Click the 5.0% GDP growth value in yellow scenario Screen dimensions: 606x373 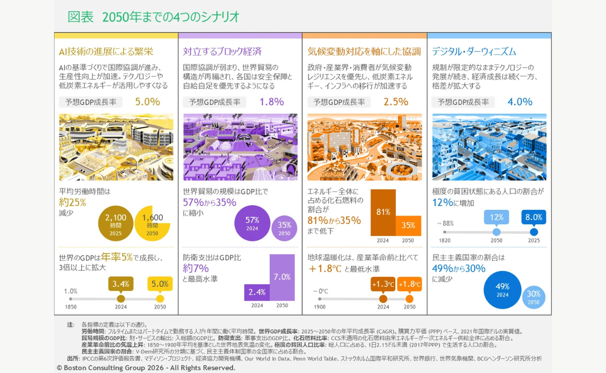[x=147, y=102]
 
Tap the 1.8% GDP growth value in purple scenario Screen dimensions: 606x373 [x=272, y=102]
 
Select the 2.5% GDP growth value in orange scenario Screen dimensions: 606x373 [x=396, y=102]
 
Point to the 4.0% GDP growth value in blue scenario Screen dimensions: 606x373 [x=520, y=102]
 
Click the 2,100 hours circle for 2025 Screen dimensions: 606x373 [x=116, y=223]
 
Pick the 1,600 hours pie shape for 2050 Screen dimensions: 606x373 [x=152, y=224]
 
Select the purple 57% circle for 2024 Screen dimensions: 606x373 [x=252, y=223]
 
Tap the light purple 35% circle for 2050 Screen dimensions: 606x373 [x=284, y=228]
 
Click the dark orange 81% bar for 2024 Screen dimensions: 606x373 [x=383, y=213]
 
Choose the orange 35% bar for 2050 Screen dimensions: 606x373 [x=408, y=226]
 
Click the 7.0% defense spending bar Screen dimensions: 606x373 [x=282, y=277]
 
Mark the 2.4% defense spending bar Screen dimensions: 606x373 [x=257, y=292]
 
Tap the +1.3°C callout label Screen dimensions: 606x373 [x=383, y=284]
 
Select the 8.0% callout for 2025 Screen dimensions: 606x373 [x=534, y=217]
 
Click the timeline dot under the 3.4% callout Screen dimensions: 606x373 [x=121, y=299]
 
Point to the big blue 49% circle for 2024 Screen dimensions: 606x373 [x=503, y=290]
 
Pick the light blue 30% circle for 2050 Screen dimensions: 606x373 [x=533, y=297]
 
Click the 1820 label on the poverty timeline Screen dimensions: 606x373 [x=445, y=241]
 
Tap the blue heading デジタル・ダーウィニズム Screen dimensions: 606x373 [x=474, y=51]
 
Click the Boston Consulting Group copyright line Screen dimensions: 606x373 [x=146, y=368]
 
